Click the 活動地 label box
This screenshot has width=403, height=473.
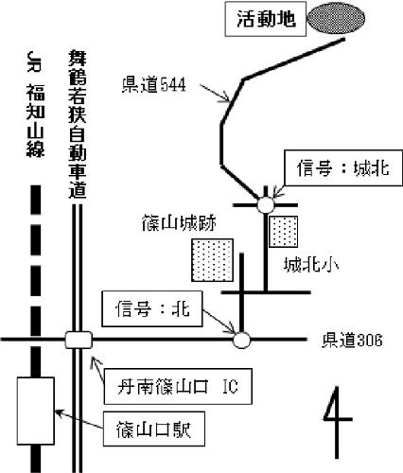tap(266, 19)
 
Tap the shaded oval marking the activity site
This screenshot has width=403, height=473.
tap(336, 18)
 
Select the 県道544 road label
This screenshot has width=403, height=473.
tap(153, 84)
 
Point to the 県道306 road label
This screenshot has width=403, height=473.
tap(352, 340)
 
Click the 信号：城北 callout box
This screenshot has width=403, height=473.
tap(343, 167)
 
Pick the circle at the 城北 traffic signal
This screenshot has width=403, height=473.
tap(266, 205)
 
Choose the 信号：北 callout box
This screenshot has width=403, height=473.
tap(151, 308)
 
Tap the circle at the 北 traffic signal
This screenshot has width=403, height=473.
tap(241, 340)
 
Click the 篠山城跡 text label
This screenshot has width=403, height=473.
tap(179, 223)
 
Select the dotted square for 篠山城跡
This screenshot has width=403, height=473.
tap(212, 260)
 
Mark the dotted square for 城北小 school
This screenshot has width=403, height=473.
tap(283, 232)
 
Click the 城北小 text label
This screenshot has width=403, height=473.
tap(311, 265)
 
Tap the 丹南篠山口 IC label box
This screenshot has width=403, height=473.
tap(178, 386)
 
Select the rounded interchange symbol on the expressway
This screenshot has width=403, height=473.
tap(79, 340)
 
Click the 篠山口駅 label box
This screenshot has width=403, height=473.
tap(154, 429)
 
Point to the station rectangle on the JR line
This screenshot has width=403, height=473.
tap(36, 411)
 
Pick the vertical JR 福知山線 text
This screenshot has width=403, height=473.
tap(35, 104)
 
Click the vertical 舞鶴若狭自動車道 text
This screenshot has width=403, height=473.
tap(78, 125)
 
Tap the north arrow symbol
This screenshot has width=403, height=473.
tap(337, 422)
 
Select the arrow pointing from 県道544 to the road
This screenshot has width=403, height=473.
tap(215, 93)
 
